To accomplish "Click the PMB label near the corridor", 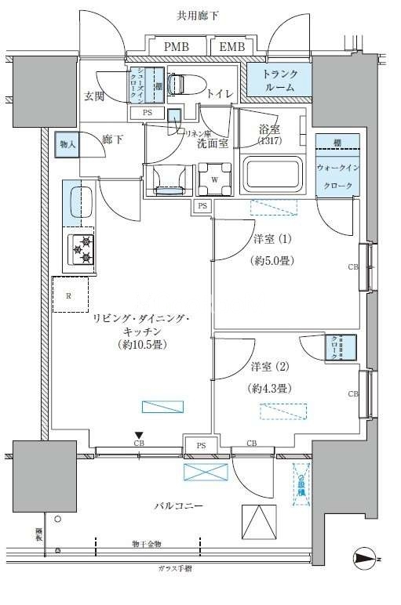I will [x=176, y=48].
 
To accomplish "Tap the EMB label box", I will [x=231, y=48].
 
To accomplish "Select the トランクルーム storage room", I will [x=279, y=82].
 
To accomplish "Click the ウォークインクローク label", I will [x=337, y=177].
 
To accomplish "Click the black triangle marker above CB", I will [x=139, y=435].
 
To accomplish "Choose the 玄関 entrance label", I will [x=95, y=96].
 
